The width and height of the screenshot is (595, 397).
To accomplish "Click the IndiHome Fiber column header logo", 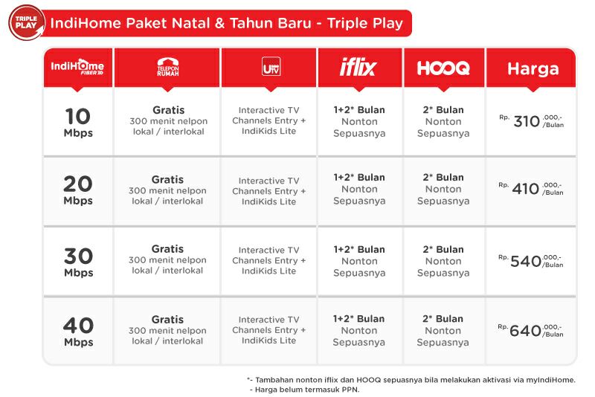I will point(77,67).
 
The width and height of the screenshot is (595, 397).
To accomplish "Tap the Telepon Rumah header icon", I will point(167,67).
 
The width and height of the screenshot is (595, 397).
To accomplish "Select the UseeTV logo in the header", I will point(268,68).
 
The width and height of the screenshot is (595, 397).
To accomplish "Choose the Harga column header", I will point(533,68).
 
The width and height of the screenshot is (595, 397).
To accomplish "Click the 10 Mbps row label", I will point(77,122).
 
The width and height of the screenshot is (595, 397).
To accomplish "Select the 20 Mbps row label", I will point(77,190).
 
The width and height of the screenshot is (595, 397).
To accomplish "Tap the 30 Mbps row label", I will point(77,262).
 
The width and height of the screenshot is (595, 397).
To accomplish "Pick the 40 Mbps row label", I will point(77,331).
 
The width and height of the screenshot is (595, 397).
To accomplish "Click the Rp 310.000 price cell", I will point(531,121).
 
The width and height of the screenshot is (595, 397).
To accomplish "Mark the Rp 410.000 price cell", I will point(531,189).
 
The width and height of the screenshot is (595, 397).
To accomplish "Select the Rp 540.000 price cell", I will point(531,261).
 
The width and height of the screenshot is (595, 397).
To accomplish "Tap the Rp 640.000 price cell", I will point(531,331).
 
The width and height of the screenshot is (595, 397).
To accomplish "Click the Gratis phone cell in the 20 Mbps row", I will point(167,190).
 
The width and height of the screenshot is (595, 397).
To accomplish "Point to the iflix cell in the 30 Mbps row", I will point(359,261).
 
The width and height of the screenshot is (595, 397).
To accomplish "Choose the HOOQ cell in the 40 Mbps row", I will point(443,331).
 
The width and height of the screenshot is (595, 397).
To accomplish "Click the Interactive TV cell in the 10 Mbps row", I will point(268,120).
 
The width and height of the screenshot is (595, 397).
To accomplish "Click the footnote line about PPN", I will point(305,389).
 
